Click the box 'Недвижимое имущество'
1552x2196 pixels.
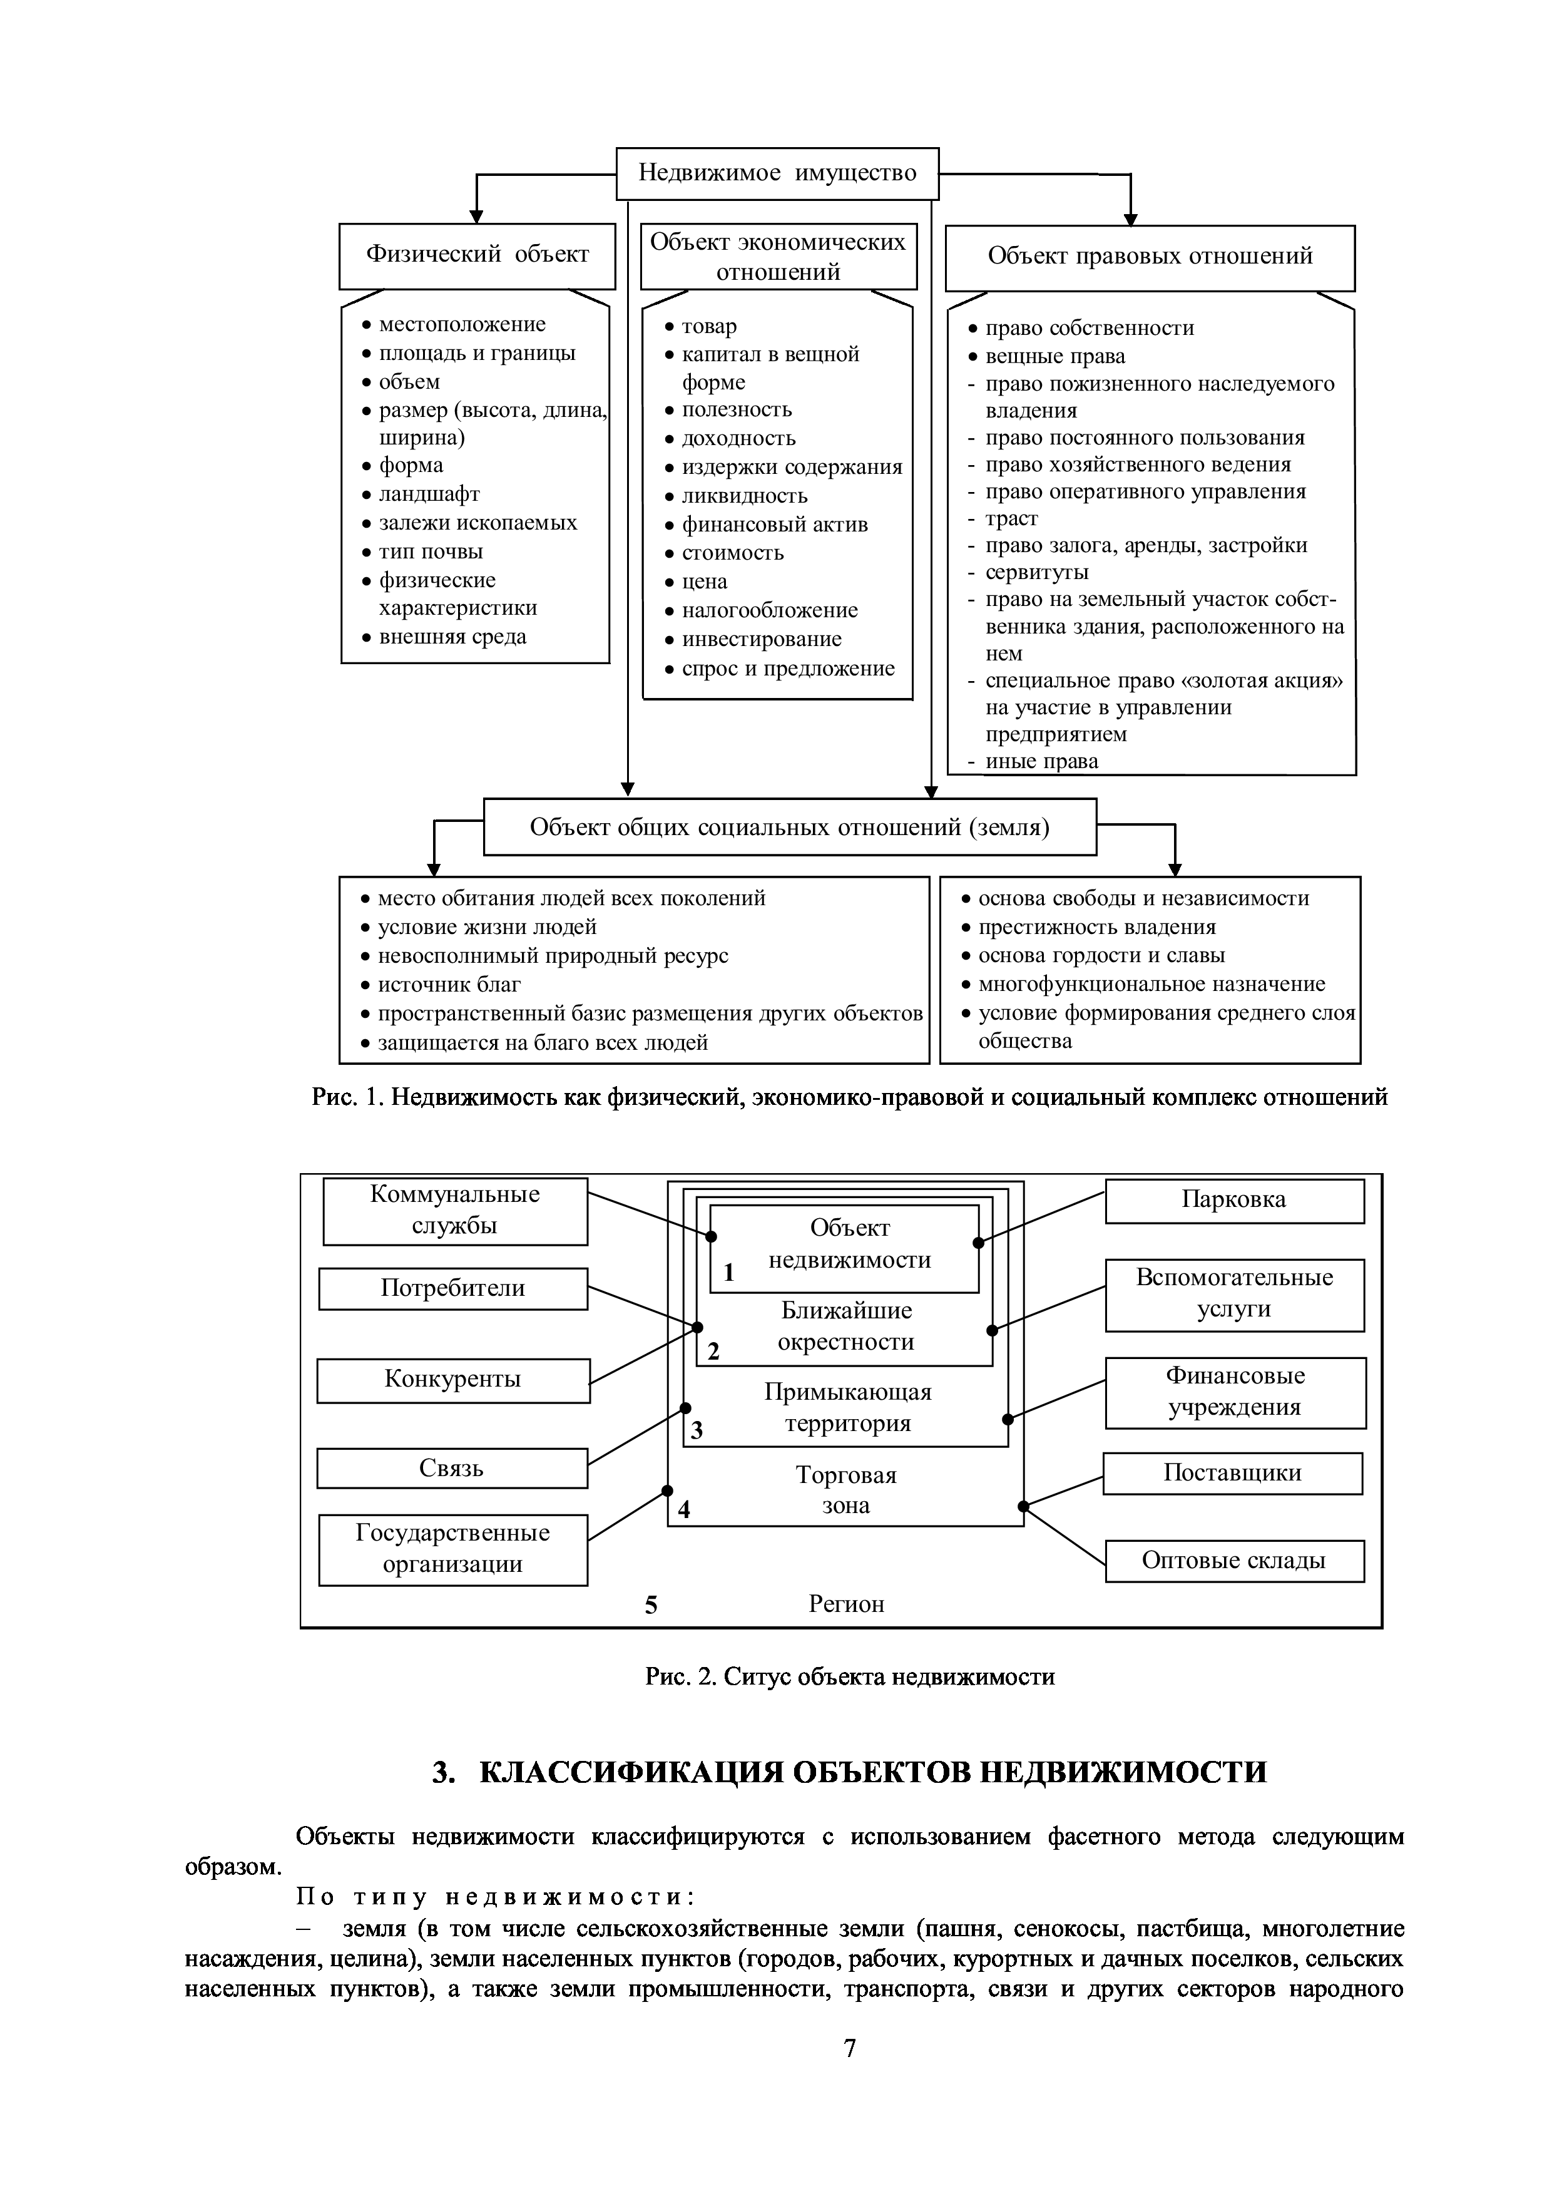tap(777, 173)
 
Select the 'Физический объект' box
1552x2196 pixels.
tap(477, 255)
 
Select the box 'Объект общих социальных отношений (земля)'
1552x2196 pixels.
tap(789, 828)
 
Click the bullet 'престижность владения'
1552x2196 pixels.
tap(1097, 928)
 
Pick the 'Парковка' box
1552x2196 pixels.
tap(1233, 1200)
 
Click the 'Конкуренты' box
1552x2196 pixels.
tap(453, 1379)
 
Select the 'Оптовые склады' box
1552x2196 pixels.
tap(1233, 1561)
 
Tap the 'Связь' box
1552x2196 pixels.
tap(451, 1468)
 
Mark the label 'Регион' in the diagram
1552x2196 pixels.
tap(846, 1604)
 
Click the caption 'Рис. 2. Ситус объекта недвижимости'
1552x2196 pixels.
tap(849, 1676)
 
